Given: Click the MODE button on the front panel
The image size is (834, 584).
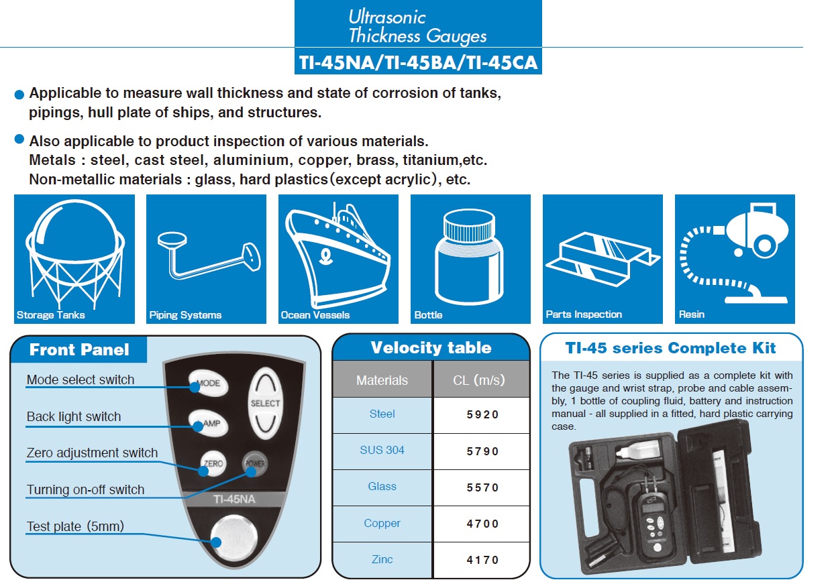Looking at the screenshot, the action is [209, 383].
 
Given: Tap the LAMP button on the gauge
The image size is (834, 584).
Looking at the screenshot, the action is [209, 423].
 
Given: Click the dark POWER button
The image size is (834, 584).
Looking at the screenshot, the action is [255, 463].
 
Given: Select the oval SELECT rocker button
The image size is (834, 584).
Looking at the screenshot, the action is [265, 403].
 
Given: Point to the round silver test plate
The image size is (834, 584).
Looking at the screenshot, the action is [233, 538].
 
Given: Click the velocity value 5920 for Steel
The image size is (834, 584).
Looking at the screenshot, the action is [482, 414].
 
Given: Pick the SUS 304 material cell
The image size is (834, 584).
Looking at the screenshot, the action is [382, 450].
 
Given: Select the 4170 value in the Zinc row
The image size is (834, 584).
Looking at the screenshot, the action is [482, 560].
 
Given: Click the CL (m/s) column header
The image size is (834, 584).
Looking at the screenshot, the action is [479, 379].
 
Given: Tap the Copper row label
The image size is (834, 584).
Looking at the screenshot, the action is [382, 523].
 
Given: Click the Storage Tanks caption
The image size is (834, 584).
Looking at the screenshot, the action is [50, 315].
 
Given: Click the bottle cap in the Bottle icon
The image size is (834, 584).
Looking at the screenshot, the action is [470, 225].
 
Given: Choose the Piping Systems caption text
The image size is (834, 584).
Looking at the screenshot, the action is [185, 315].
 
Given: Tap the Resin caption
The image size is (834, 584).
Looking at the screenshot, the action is [691, 314].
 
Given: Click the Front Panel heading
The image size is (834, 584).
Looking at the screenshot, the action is [79, 349].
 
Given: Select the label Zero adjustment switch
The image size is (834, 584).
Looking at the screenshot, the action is [92, 453].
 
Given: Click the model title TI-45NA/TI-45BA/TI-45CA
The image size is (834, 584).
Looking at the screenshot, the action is [418, 62].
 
